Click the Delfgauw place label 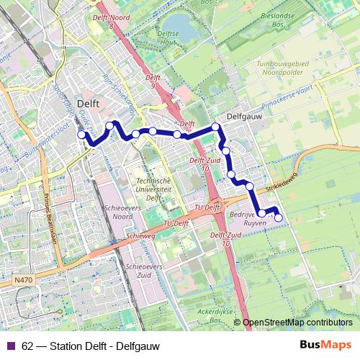[x=243, y=115]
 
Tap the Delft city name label [x=88, y=103]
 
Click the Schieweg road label [x=140, y=236]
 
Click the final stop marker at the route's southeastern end [x=279, y=219]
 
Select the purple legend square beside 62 [x=12, y=346]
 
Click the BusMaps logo [x=325, y=345]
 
